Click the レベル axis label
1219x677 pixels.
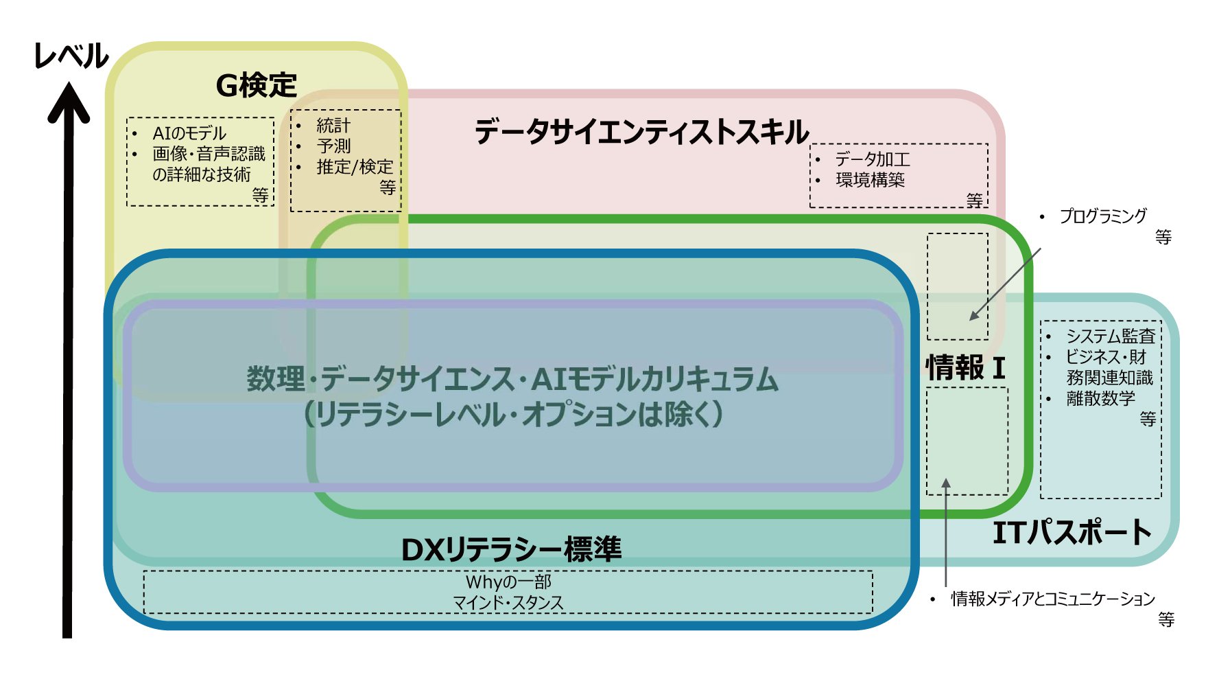pos(71,56)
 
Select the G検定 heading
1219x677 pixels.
pos(256,86)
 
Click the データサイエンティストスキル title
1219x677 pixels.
pos(641,132)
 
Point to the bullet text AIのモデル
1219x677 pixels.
pos(189,133)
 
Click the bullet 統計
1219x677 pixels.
pos(333,126)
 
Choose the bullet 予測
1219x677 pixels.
pos(333,146)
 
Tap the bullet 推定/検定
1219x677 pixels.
pos(354,167)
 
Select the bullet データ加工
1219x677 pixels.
pos(872,159)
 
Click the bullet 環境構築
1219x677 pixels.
pos(870,180)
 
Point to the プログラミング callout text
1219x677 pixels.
pos(1102,216)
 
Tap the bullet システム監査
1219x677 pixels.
pos(1110,336)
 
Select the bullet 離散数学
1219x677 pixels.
pos(1100,398)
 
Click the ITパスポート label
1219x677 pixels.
pos(1072,533)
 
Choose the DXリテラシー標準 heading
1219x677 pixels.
pos(511,549)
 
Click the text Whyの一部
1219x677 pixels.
pos(508,582)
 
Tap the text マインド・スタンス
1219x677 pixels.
pos(508,603)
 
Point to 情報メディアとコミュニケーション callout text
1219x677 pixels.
pos(1052,599)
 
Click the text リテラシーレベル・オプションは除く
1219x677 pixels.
pos(513,414)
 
